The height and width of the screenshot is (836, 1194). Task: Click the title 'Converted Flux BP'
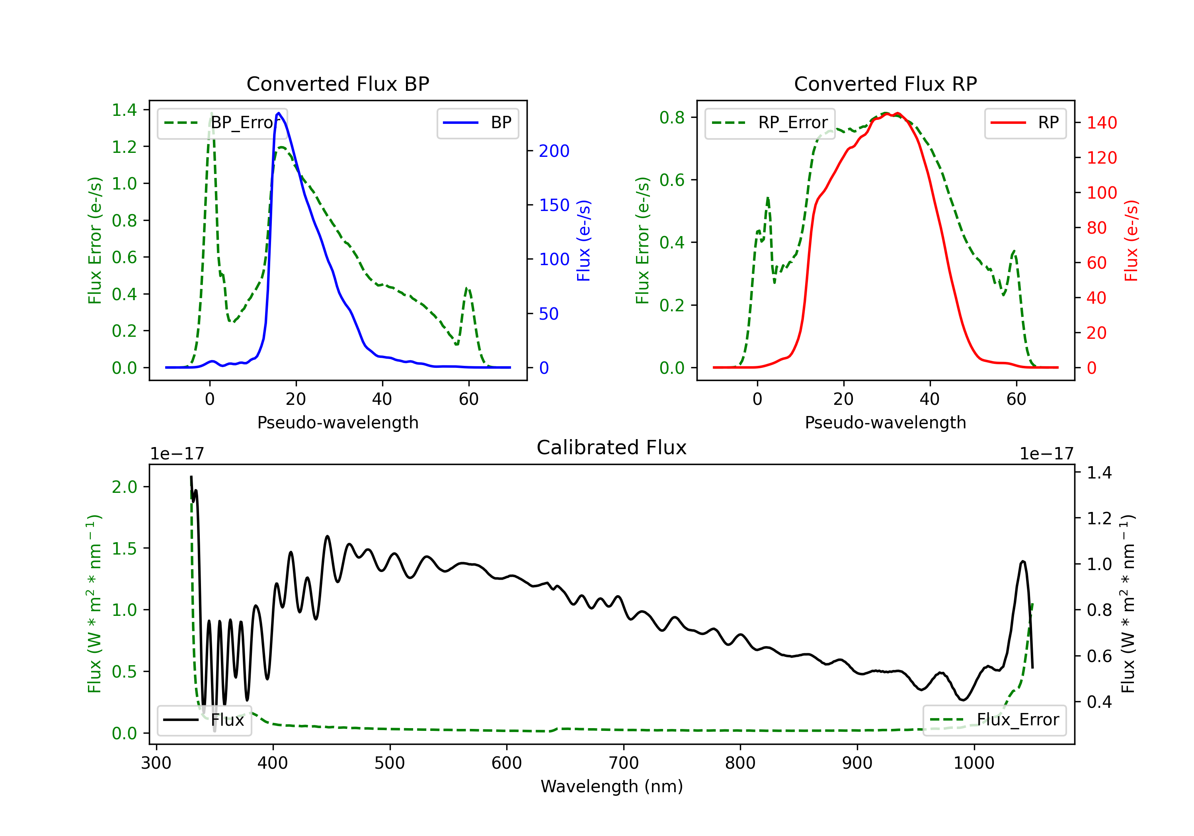click(x=338, y=84)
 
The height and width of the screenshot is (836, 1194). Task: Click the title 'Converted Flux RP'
click(x=886, y=84)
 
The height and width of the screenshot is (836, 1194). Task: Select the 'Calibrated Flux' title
click(x=612, y=447)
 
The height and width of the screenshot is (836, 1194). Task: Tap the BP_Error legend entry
click(x=222, y=123)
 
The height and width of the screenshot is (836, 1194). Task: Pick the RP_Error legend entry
click(x=770, y=123)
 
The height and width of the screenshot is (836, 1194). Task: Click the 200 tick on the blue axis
click(x=554, y=151)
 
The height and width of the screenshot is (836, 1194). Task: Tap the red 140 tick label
click(x=1102, y=123)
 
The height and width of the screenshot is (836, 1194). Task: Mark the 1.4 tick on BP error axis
click(x=124, y=110)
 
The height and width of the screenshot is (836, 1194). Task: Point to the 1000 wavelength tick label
click(x=974, y=763)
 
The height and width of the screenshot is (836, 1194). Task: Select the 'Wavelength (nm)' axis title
click(x=612, y=786)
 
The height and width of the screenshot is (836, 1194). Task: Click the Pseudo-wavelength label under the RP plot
click(x=886, y=422)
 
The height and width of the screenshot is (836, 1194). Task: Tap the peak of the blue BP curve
click(x=279, y=113)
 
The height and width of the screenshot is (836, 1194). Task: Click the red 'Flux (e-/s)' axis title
click(x=1132, y=240)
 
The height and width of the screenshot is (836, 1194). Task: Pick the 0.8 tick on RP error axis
click(x=672, y=117)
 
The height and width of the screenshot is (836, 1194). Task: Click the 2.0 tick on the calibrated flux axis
click(x=124, y=487)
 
